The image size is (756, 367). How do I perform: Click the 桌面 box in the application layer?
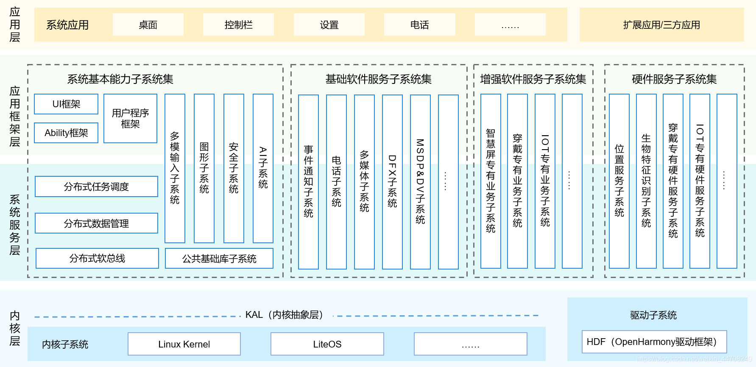coord(148,25)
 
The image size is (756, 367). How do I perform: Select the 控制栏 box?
coord(238,25)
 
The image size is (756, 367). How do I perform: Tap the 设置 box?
coord(329,25)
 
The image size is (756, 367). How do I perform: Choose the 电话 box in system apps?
coord(419,25)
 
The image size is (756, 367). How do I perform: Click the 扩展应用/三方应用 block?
coord(661,25)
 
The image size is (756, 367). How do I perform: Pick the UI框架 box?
coord(66,104)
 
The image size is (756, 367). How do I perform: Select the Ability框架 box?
coord(66,133)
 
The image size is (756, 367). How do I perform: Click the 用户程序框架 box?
coord(130,119)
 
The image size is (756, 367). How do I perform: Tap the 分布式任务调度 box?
coord(96,186)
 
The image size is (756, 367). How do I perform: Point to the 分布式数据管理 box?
coord(96,223)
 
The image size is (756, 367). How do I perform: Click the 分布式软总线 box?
coord(97,259)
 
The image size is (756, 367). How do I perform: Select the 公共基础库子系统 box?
coord(219,259)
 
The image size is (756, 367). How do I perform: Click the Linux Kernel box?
coord(184,344)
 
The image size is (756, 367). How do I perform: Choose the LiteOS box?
coord(327,344)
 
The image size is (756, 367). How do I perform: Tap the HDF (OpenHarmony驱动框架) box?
coord(654,342)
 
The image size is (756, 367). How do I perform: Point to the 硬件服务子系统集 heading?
coord(674,79)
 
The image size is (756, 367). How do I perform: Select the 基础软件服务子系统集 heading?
coord(379,79)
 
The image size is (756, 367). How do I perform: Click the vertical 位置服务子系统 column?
coord(619,181)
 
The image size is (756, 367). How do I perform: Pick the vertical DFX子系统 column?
coord(392,181)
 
